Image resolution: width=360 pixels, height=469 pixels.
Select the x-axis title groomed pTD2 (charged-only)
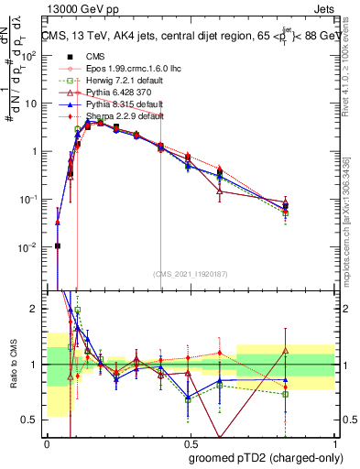[262, 458]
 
